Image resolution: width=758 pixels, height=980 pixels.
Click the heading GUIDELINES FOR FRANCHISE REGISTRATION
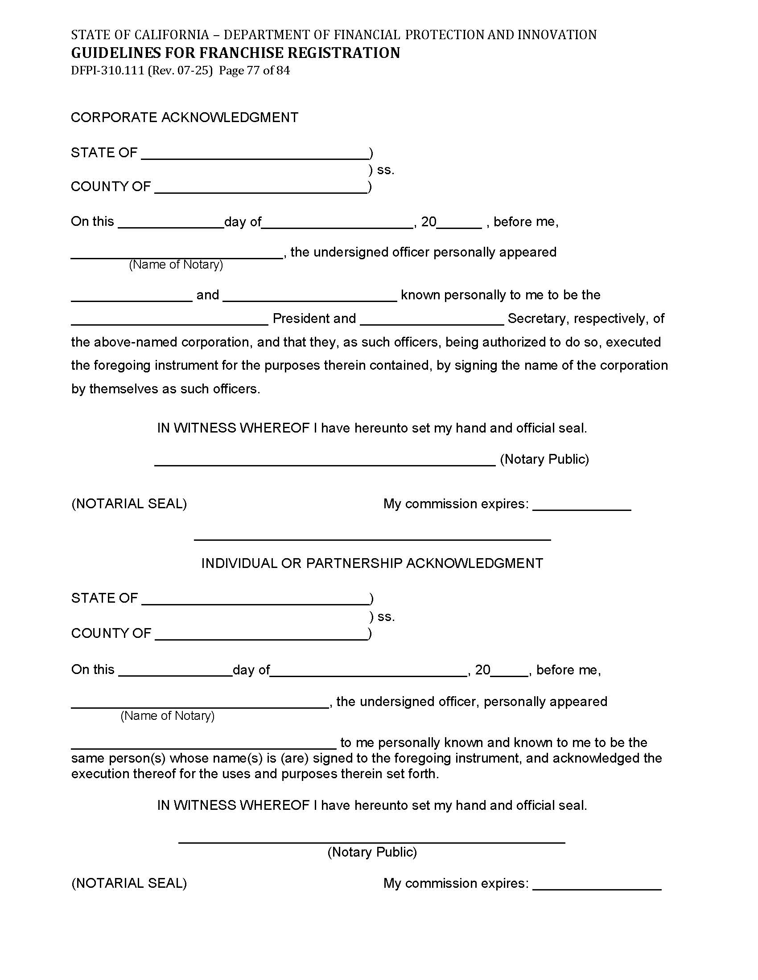click(x=235, y=53)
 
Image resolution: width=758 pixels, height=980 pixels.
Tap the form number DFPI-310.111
click(x=107, y=70)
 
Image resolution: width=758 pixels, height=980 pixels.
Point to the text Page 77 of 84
click(x=254, y=70)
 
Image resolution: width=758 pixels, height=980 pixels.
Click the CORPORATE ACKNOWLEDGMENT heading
click(x=185, y=117)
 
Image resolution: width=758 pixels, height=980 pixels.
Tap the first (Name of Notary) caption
click(x=176, y=265)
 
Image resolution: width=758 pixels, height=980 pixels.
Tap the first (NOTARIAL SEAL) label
click(x=129, y=503)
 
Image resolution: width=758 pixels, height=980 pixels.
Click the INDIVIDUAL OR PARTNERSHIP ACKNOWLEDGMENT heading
click(x=372, y=563)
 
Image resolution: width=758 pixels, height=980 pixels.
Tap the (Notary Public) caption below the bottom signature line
click(x=372, y=852)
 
